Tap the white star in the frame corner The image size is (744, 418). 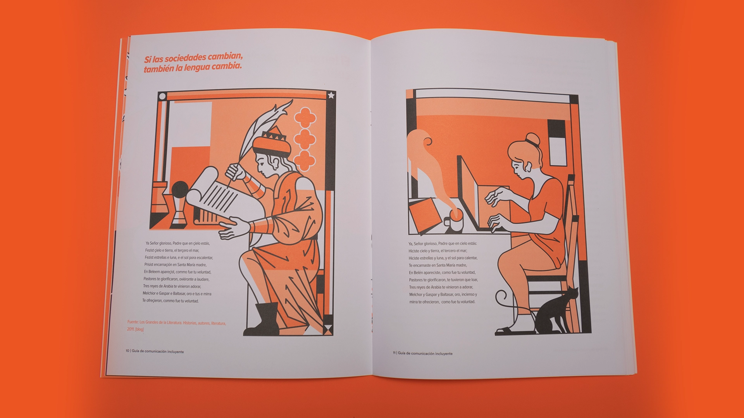tap(331, 95)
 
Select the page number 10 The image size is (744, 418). tap(127, 351)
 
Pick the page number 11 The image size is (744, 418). tap(394, 353)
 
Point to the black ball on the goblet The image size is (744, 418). tap(180, 190)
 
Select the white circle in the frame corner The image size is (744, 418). tap(162, 96)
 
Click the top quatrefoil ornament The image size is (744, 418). tap(305, 117)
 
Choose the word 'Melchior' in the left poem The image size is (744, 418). tap(150, 293)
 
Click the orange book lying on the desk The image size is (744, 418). tap(425, 216)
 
